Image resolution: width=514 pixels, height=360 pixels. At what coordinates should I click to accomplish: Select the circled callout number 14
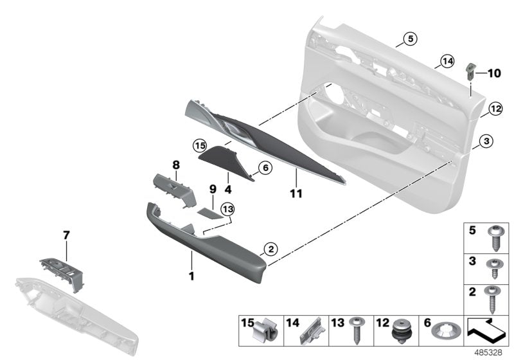coord(447,62)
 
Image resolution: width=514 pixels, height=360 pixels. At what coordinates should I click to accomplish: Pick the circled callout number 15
coord(199,145)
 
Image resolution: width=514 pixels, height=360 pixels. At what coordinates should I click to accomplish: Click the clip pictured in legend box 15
coord(265,332)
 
